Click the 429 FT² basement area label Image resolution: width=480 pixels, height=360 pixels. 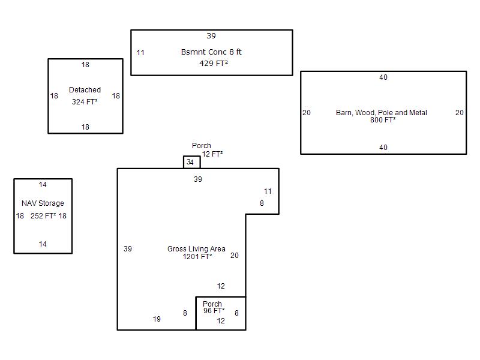pos(214,64)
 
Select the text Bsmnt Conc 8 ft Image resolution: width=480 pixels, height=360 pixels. pos(211,52)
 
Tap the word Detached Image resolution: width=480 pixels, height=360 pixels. pos(85,89)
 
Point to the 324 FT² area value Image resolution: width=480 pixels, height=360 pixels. pos(85,101)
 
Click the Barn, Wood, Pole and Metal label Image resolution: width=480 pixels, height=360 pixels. pos(382,113)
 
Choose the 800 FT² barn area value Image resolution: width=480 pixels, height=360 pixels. pos(383,119)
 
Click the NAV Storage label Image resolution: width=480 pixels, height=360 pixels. pos(43,203)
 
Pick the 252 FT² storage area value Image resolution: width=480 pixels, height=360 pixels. pos(43,216)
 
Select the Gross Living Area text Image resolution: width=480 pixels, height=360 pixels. pos(196,248)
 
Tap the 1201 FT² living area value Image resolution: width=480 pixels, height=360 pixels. pos(197,257)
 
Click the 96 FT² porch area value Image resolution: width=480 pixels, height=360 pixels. pos(214,311)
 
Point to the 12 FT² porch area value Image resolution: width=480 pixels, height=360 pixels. pos(212,154)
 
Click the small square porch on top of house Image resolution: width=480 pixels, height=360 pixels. pos(192,157)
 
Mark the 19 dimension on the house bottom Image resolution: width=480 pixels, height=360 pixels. pos(157,319)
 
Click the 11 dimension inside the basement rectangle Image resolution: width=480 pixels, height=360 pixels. pos(140,53)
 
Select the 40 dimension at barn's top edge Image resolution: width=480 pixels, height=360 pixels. pos(383,77)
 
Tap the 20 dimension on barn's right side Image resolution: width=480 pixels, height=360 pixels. pos(460,113)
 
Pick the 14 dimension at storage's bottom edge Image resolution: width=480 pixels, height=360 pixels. pos(43,244)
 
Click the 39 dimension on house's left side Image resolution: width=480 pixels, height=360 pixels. pos(128,248)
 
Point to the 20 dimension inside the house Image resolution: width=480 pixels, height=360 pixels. pos(235,256)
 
